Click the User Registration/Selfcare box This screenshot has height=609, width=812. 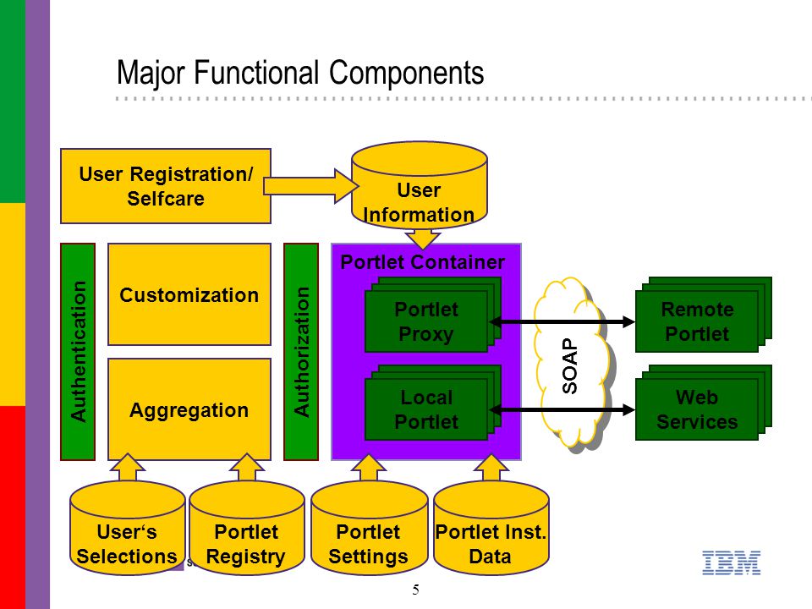166,186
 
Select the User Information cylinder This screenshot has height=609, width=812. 419,185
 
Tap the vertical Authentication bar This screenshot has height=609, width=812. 78,352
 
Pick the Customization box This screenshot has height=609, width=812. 189,294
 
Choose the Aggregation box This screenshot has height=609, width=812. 189,409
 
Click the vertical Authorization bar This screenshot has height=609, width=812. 301,352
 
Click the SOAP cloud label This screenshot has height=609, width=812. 569,365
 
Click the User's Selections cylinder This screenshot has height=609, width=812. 128,527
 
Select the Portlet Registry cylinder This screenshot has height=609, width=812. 246,527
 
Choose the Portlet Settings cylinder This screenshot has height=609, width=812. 369,527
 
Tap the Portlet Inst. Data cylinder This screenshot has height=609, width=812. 491,527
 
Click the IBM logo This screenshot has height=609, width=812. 731,563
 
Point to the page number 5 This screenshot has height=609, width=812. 416,590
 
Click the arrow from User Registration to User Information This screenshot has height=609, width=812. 310,186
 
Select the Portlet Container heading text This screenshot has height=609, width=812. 423,262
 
